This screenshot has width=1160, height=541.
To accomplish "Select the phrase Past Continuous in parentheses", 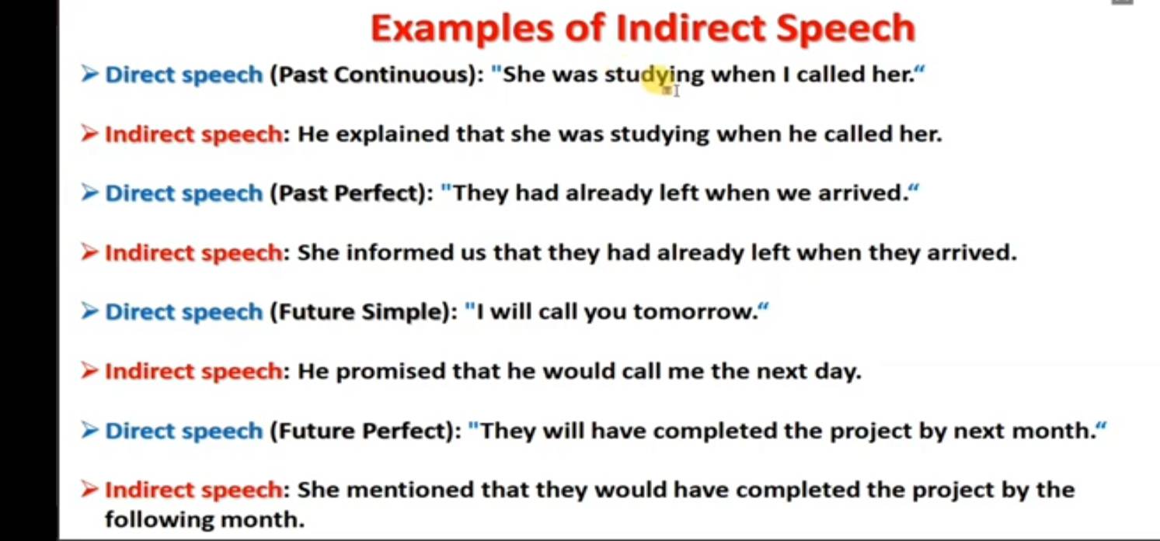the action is point(373,75).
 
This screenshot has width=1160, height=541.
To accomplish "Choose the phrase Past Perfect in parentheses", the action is point(347,193).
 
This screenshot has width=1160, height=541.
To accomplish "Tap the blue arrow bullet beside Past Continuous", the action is point(89,74).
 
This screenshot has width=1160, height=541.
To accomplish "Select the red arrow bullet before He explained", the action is point(89,134).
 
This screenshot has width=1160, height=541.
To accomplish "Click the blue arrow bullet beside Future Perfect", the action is point(89,430).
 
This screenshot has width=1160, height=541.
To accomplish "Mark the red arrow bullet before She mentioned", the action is point(89,489).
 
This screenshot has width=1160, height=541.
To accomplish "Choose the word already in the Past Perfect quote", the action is point(608,194).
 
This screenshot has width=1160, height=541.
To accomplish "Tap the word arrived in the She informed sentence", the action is point(971,253).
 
